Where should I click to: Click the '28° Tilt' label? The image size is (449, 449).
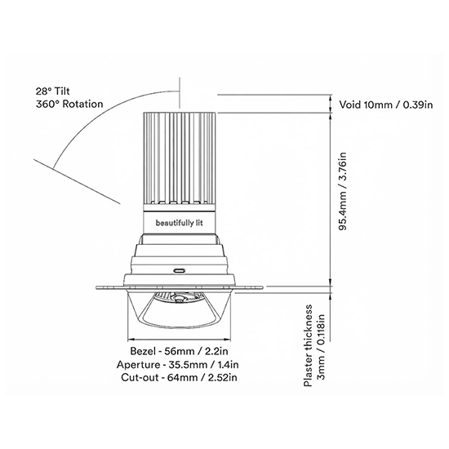[x=53, y=91]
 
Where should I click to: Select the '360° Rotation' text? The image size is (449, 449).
[x=69, y=104]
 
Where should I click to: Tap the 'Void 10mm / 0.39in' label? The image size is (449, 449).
[x=385, y=104]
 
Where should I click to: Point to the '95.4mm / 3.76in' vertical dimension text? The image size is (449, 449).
[x=343, y=191]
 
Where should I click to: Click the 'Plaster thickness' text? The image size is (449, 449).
[x=308, y=345]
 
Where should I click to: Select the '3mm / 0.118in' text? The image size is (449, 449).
[x=322, y=347]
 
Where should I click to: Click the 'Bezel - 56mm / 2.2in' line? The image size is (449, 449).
[x=180, y=351]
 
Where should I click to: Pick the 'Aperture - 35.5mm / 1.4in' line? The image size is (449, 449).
[x=177, y=365]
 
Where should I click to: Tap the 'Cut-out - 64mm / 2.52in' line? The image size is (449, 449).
[x=179, y=377]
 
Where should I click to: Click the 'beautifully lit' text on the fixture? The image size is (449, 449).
[x=180, y=223]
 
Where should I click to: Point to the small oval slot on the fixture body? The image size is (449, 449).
[x=180, y=270]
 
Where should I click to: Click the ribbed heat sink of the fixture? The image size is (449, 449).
[x=180, y=158]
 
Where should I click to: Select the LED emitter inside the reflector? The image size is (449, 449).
[x=180, y=299]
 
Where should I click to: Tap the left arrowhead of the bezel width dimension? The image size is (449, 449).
[x=131, y=340]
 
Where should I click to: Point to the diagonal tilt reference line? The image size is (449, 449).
[x=78, y=181]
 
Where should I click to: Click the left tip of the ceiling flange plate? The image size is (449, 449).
[x=96, y=287]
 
